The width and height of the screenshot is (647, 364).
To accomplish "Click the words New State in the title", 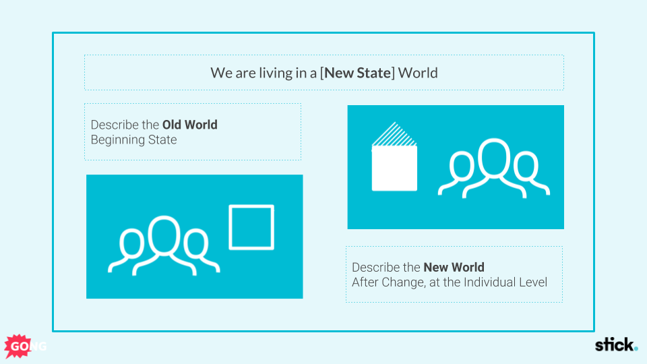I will point(357,73).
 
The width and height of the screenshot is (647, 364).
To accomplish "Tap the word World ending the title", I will point(418,73).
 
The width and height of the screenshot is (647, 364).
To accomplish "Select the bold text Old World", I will point(189,125).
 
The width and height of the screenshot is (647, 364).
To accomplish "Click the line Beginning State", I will point(133,140).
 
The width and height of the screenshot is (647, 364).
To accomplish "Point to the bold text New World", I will point(454,268).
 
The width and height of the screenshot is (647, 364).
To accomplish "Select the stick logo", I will point(615,345).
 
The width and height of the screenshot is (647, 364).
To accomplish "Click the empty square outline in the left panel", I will point(251,227).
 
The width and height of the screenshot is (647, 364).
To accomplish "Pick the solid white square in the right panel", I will point(394,169).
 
